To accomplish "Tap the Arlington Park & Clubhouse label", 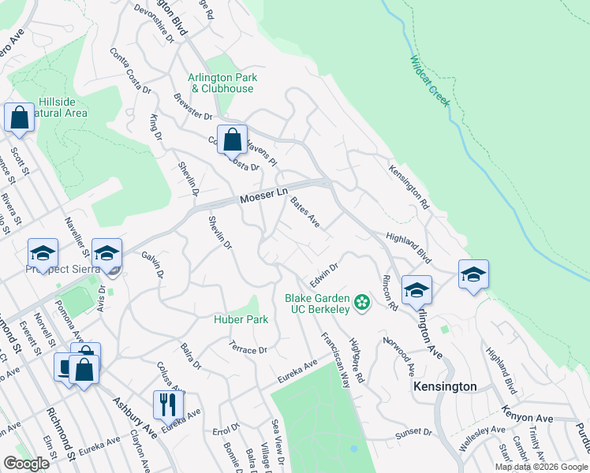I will (221, 83).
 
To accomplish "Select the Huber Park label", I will (241, 319).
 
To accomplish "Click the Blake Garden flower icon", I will (362, 303).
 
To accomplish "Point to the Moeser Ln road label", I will (263, 195).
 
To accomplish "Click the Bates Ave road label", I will (304, 212).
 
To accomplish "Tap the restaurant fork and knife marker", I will (168, 405).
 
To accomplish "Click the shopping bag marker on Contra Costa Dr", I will (232, 140).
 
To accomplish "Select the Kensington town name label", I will (446, 386).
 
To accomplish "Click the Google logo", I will (27, 464).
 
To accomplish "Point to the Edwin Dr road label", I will (323, 277).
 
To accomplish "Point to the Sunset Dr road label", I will (413, 433).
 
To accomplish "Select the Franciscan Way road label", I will (335, 359).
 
